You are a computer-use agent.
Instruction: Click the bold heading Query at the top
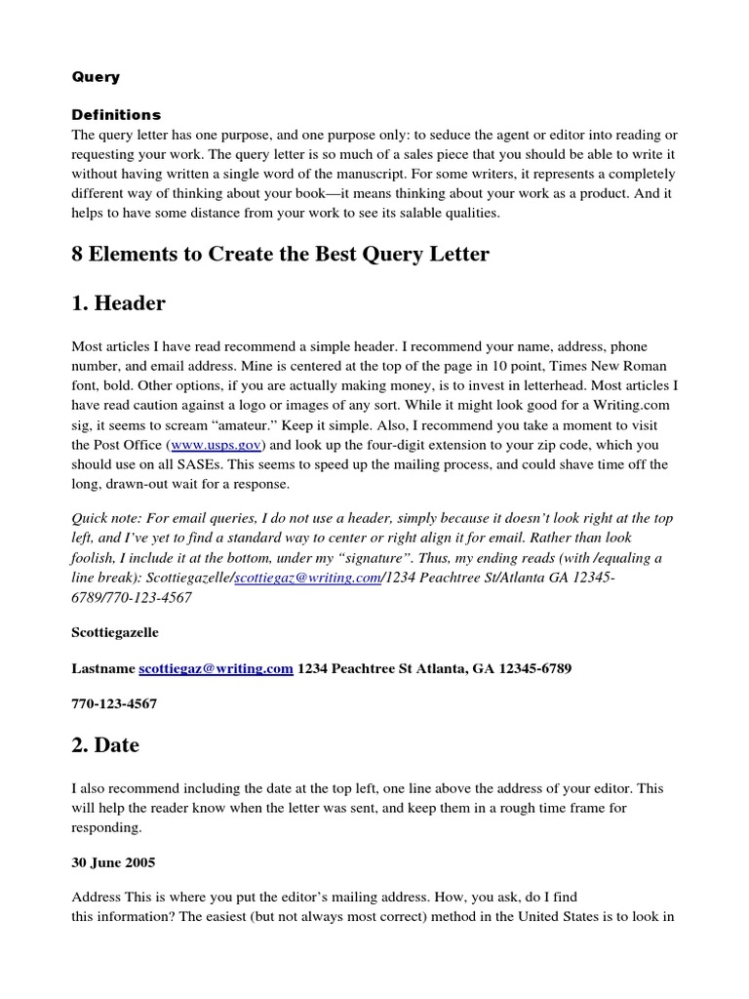coord(96,76)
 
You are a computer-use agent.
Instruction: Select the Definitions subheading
coord(116,114)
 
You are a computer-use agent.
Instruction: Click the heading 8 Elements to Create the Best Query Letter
coord(280,255)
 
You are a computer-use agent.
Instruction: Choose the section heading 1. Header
coord(118,303)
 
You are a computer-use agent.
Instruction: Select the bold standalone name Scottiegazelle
coord(115,633)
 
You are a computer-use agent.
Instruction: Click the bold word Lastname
coord(103,668)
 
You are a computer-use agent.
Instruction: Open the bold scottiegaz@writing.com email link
coord(216,668)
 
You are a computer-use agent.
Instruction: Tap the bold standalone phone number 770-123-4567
coord(114,703)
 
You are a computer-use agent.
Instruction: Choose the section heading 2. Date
coord(105,745)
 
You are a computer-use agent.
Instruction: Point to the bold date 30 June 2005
coord(113,862)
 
